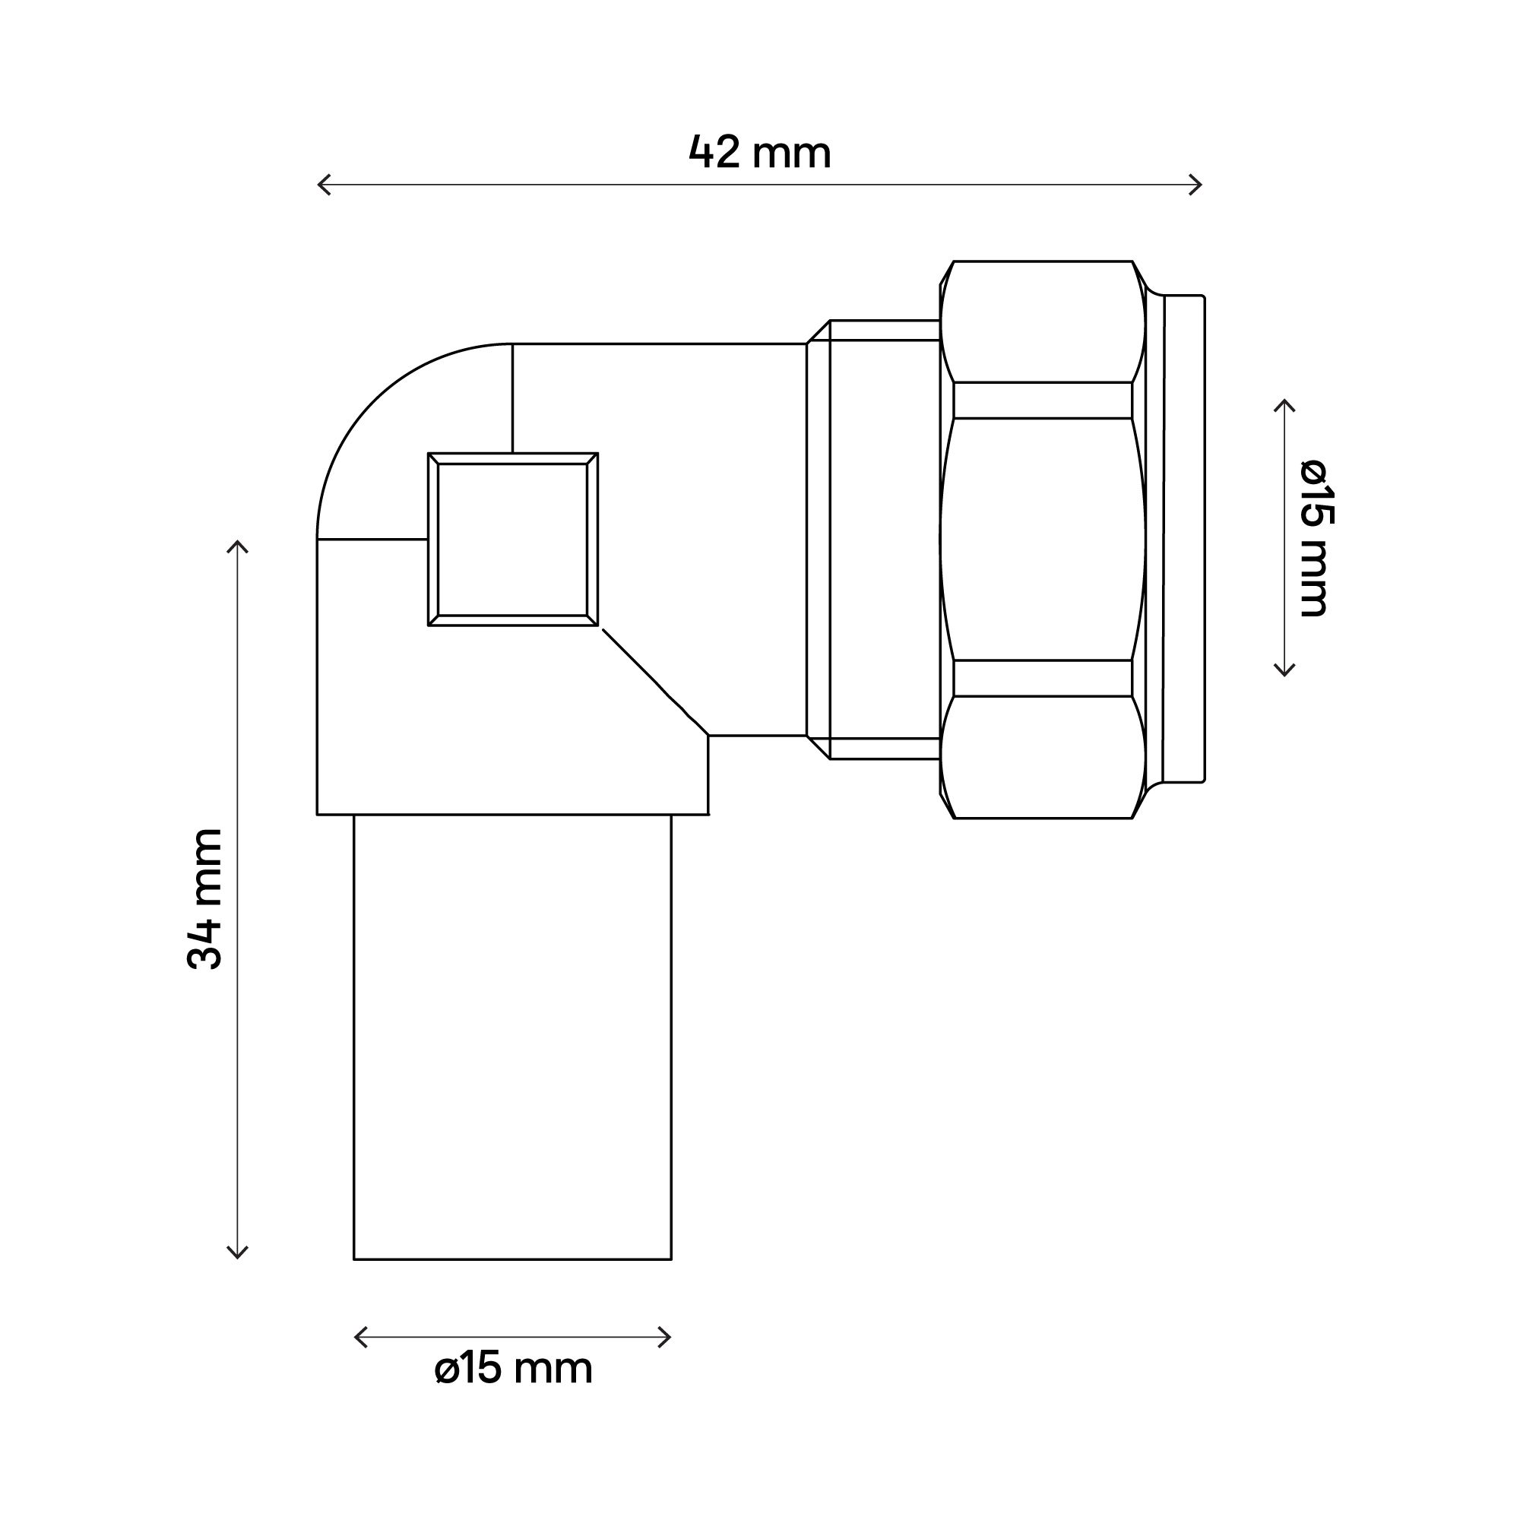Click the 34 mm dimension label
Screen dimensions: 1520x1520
[205, 898]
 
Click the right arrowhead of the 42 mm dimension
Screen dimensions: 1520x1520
[1199, 185]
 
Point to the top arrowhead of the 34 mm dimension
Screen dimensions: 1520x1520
[238, 543]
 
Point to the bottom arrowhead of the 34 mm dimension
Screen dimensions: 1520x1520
[238, 1255]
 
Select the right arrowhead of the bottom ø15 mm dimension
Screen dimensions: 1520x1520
[668, 1337]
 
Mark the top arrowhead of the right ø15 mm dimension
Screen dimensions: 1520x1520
[1284, 402]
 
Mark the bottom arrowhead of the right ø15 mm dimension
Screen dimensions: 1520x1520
[1284, 673]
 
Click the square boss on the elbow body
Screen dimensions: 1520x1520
[512, 540]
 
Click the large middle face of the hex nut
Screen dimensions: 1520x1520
[1042, 539]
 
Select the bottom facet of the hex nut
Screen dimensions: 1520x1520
[1042, 757]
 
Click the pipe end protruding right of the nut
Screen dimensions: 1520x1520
[1183, 539]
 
